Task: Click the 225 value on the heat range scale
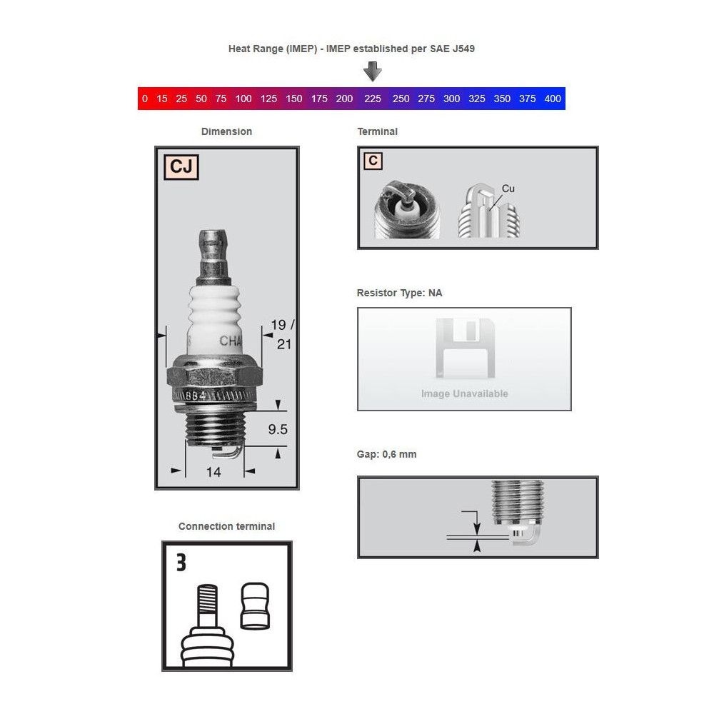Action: [372, 99]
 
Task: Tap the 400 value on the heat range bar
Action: [553, 99]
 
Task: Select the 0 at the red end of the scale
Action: [145, 99]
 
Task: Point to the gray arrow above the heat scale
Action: [373, 71]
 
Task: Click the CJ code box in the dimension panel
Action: [181, 166]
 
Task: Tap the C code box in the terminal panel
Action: [373, 161]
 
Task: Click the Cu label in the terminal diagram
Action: [508, 188]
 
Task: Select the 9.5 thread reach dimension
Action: [278, 429]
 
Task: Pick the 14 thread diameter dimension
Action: [213, 472]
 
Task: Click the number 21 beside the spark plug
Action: [284, 344]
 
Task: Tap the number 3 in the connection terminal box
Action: [181, 563]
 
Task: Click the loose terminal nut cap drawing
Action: [255, 606]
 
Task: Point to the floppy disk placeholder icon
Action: [465, 349]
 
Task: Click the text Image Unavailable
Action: [465, 393]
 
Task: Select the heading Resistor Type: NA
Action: [399, 293]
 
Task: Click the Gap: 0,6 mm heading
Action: [386, 454]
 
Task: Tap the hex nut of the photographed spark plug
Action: [214, 375]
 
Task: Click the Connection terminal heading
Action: [227, 526]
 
